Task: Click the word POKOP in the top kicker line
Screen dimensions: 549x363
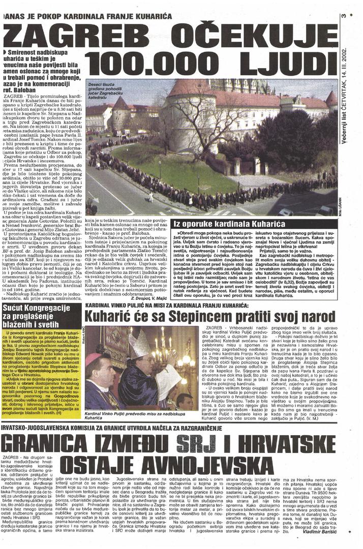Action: click(x=55, y=17)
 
